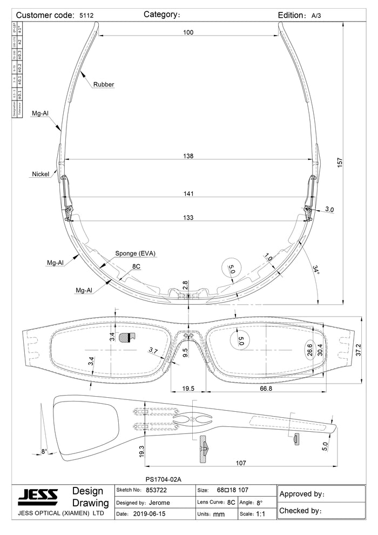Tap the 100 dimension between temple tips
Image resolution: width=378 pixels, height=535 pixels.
tap(188, 32)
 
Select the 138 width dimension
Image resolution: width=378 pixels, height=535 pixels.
tap(188, 156)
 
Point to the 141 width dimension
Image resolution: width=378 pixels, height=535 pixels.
tap(188, 193)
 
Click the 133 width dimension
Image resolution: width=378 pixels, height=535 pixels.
tap(188, 218)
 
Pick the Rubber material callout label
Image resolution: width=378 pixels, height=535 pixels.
tap(104, 84)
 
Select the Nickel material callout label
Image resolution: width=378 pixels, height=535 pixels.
tap(40, 174)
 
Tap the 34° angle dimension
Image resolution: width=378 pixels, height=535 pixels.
tap(316, 270)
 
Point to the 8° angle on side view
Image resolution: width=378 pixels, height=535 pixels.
tap(44, 451)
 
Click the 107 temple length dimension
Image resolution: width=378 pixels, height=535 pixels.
tap(241, 463)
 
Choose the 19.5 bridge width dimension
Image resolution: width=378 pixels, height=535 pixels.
tap(188, 388)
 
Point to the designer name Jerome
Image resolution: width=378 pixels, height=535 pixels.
tap(159, 503)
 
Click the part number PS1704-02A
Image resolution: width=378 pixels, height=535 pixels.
tap(164, 479)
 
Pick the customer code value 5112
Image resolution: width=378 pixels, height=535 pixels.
tap(86, 16)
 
